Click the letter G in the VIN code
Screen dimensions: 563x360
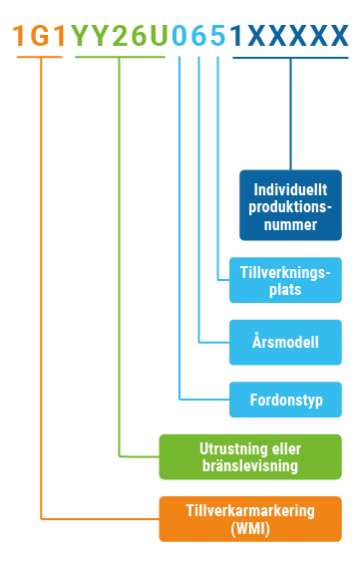point(40,37)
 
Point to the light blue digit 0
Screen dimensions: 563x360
point(180,37)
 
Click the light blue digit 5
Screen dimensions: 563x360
point(217,37)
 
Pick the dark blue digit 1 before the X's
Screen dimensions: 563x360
point(236,37)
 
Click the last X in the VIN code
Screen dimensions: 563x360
point(338,37)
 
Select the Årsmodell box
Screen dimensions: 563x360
point(285,342)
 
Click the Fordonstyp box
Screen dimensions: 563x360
point(285,401)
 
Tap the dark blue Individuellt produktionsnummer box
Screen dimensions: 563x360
point(290,206)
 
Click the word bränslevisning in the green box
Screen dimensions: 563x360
point(249,466)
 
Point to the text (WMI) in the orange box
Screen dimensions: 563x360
point(249,527)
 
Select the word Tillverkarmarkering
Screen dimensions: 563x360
point(249,510)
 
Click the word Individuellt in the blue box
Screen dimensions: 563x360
point(290,188)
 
